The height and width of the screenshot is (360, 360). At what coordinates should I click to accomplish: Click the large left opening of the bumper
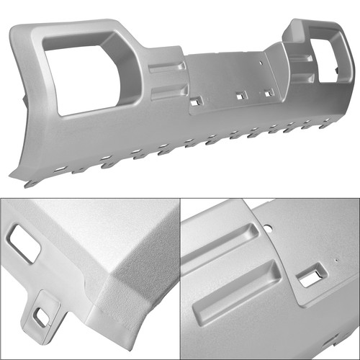point(81,72)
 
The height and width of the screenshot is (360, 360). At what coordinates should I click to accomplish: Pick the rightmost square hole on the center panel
point(268,93)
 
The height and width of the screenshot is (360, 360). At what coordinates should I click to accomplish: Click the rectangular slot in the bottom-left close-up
point(24,243)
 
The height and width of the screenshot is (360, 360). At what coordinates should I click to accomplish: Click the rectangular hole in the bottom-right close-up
point(312,275)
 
